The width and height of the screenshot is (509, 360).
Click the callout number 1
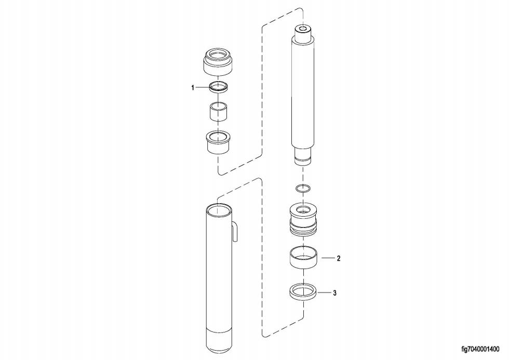tap(193, 88)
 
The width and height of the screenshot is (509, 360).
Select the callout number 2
tap(338, 258)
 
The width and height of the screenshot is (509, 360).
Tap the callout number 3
tap(335, 293)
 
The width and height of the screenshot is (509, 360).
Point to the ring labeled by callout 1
tap(219, 87)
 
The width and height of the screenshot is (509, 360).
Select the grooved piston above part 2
tap(303, 220)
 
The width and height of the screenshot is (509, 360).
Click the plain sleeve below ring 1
tap(219, 112)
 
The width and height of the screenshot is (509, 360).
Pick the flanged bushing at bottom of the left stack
tap(219, 142)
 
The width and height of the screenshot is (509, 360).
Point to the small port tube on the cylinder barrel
tap(235, 232)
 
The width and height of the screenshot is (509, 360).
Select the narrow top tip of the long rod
tap(303, 32)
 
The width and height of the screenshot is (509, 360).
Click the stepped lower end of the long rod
tap(303, 156)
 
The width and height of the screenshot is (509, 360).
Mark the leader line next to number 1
tap(201, 88)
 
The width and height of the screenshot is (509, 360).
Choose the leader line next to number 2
tap(327, 258)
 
